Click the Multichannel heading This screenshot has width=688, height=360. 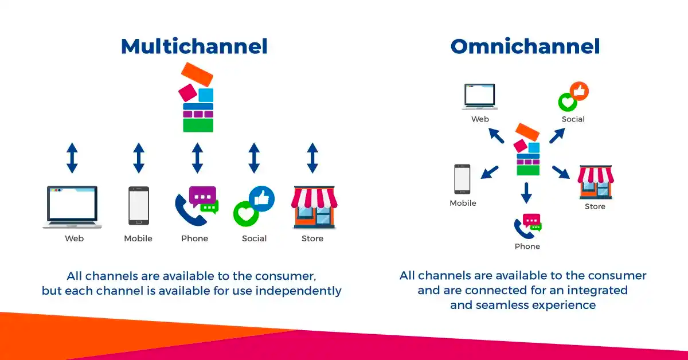[194, 47]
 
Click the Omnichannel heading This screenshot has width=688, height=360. [525, 47]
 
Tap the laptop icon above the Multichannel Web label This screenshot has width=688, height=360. [72, 206]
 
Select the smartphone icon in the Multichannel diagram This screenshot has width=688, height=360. [138, 206]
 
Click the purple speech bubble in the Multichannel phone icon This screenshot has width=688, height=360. [202, 197]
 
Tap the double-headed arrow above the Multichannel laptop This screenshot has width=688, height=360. [72, 158]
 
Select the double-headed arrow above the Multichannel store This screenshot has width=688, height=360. [312, 158]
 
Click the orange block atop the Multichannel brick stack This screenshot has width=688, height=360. [197, 74]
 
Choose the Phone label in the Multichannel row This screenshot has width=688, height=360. [194, 238]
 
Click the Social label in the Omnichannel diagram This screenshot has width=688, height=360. [573, 119]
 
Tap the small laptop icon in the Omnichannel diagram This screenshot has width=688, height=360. [480, 96]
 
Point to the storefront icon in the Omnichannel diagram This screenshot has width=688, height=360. [595, 182]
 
